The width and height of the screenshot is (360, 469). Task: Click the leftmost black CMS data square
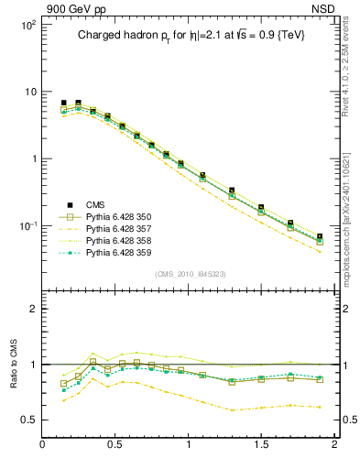[63, 104]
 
